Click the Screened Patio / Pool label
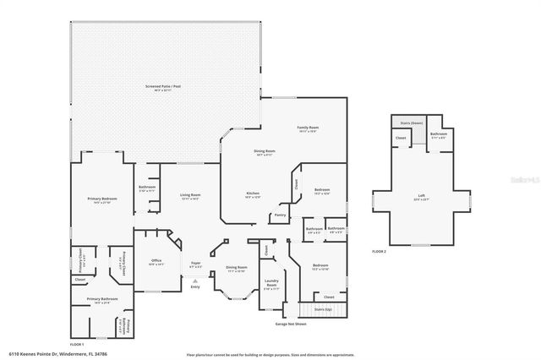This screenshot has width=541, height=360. (x=164, y=87)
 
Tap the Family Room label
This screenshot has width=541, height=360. (x=306, y=128)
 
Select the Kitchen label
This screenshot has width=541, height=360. (x=252, y=194)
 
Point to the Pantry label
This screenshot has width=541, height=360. (x=280, y=215)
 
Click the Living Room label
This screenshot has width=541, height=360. (x=189, y=196)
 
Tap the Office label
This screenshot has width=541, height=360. (x=156, y=260)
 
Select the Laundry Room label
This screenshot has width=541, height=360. (x=271, y=283)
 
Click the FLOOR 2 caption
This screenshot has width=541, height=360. (x=380, y=252)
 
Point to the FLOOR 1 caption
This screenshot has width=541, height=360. (x=76, y=345)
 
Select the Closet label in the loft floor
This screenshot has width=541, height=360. (x=402, y=137)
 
